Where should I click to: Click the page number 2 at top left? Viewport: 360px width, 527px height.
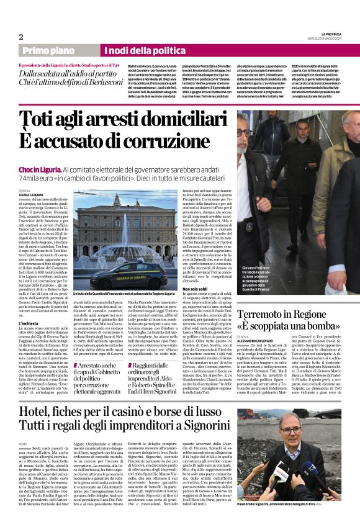(x=20, y=37)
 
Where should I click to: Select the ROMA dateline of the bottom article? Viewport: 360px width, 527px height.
(x=24, y=444)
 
